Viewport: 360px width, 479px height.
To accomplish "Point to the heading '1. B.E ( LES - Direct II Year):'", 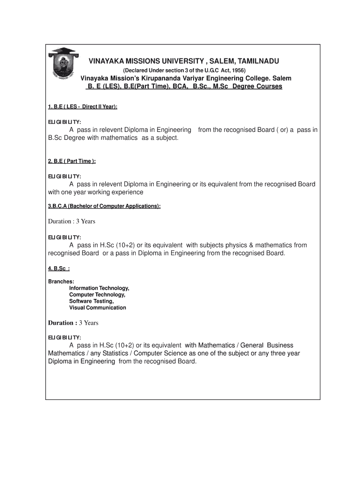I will pos(82,107).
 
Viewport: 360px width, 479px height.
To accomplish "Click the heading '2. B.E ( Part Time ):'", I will pos(72,161).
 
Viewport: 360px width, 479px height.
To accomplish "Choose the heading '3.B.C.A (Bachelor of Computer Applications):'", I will pos(104,206).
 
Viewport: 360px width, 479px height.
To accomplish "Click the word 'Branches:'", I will pos(61,282).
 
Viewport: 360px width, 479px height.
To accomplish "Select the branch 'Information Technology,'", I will pos(99,288).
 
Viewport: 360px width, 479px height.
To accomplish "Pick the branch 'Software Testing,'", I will pos(91,301).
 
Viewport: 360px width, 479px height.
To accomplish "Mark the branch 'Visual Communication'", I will pos(97,308).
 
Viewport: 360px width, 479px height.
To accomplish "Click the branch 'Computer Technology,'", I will pos(97,295).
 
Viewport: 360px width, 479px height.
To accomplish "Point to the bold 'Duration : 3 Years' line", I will pos(73,323).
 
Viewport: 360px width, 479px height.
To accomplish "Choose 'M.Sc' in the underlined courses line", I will pos(223,87).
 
